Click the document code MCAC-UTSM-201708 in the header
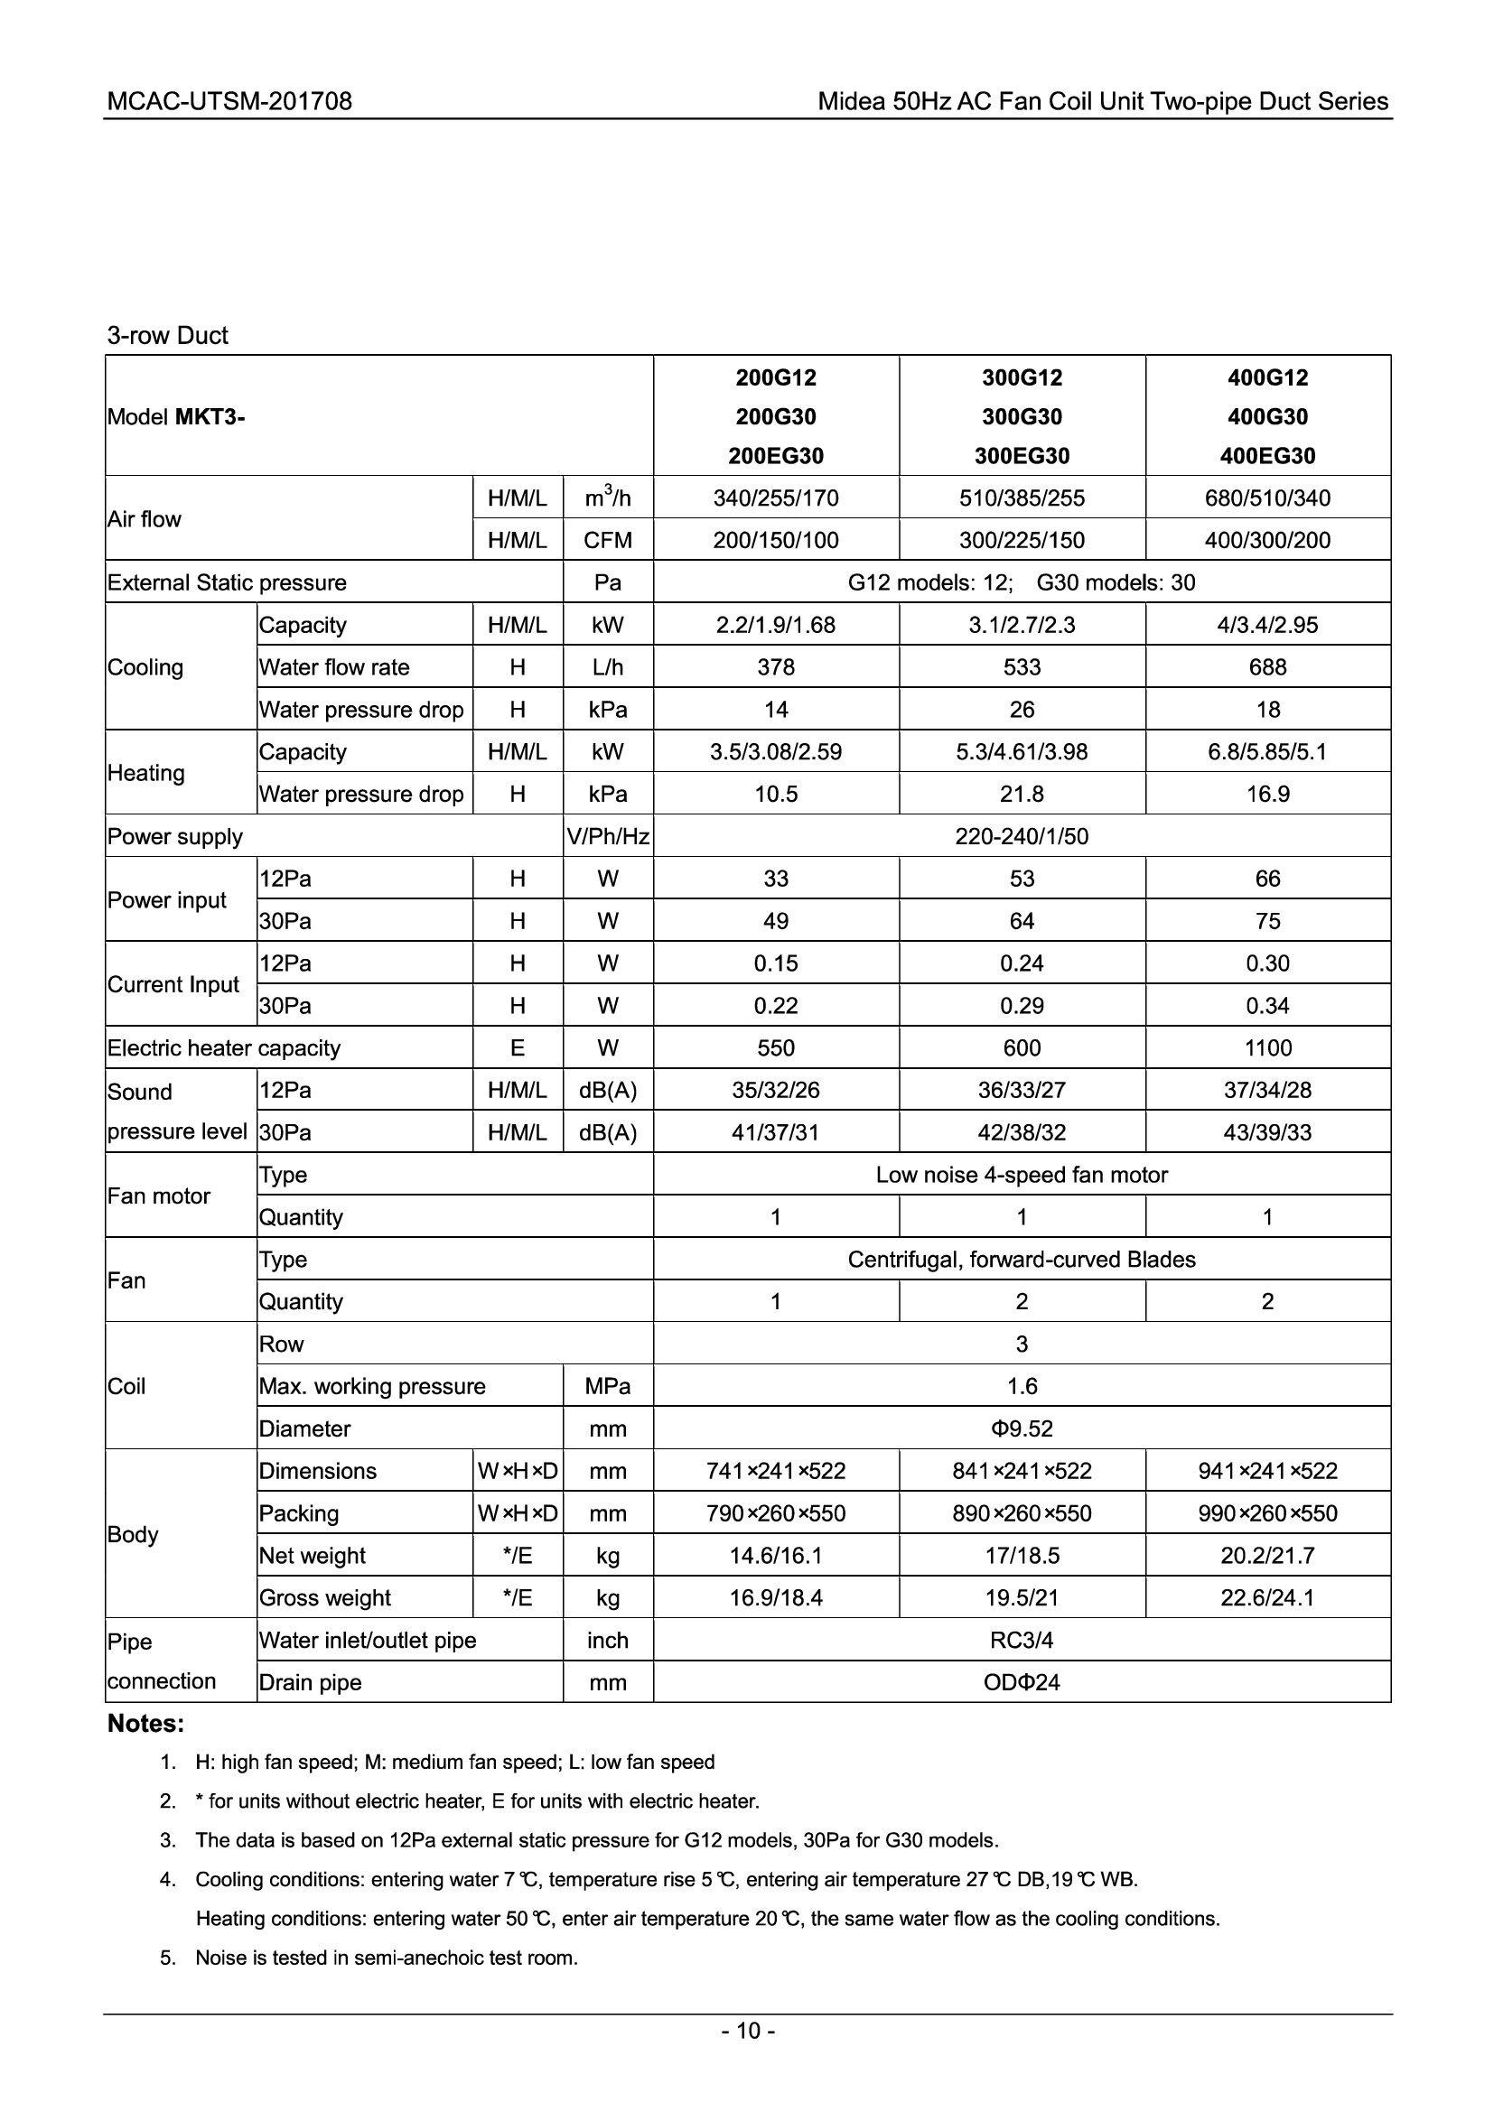click(229, 101)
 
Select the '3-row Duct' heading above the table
click(167, 336)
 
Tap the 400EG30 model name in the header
click(1266, 456)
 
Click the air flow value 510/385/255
click(1022, 498)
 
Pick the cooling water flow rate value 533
click(1022, 668)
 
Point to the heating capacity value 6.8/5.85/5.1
click(1266, 752)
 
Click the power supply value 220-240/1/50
click(1022, 837)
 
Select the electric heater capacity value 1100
click(1266, 1048)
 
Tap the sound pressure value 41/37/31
click(776, 1132)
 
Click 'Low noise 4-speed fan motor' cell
click(1022, 1176)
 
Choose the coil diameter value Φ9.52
click(1022, 1429)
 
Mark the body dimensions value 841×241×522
click(1022, 1472)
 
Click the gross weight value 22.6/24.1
click(1266, 1599)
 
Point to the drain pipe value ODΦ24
click(1022, 1683)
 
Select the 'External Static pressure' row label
click(228, 583)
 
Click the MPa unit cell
click(607, 1387)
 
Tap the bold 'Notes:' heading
click(146, 1724)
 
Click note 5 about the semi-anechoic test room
click(387, 1958)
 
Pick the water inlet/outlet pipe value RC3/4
click(1022, 1641)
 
